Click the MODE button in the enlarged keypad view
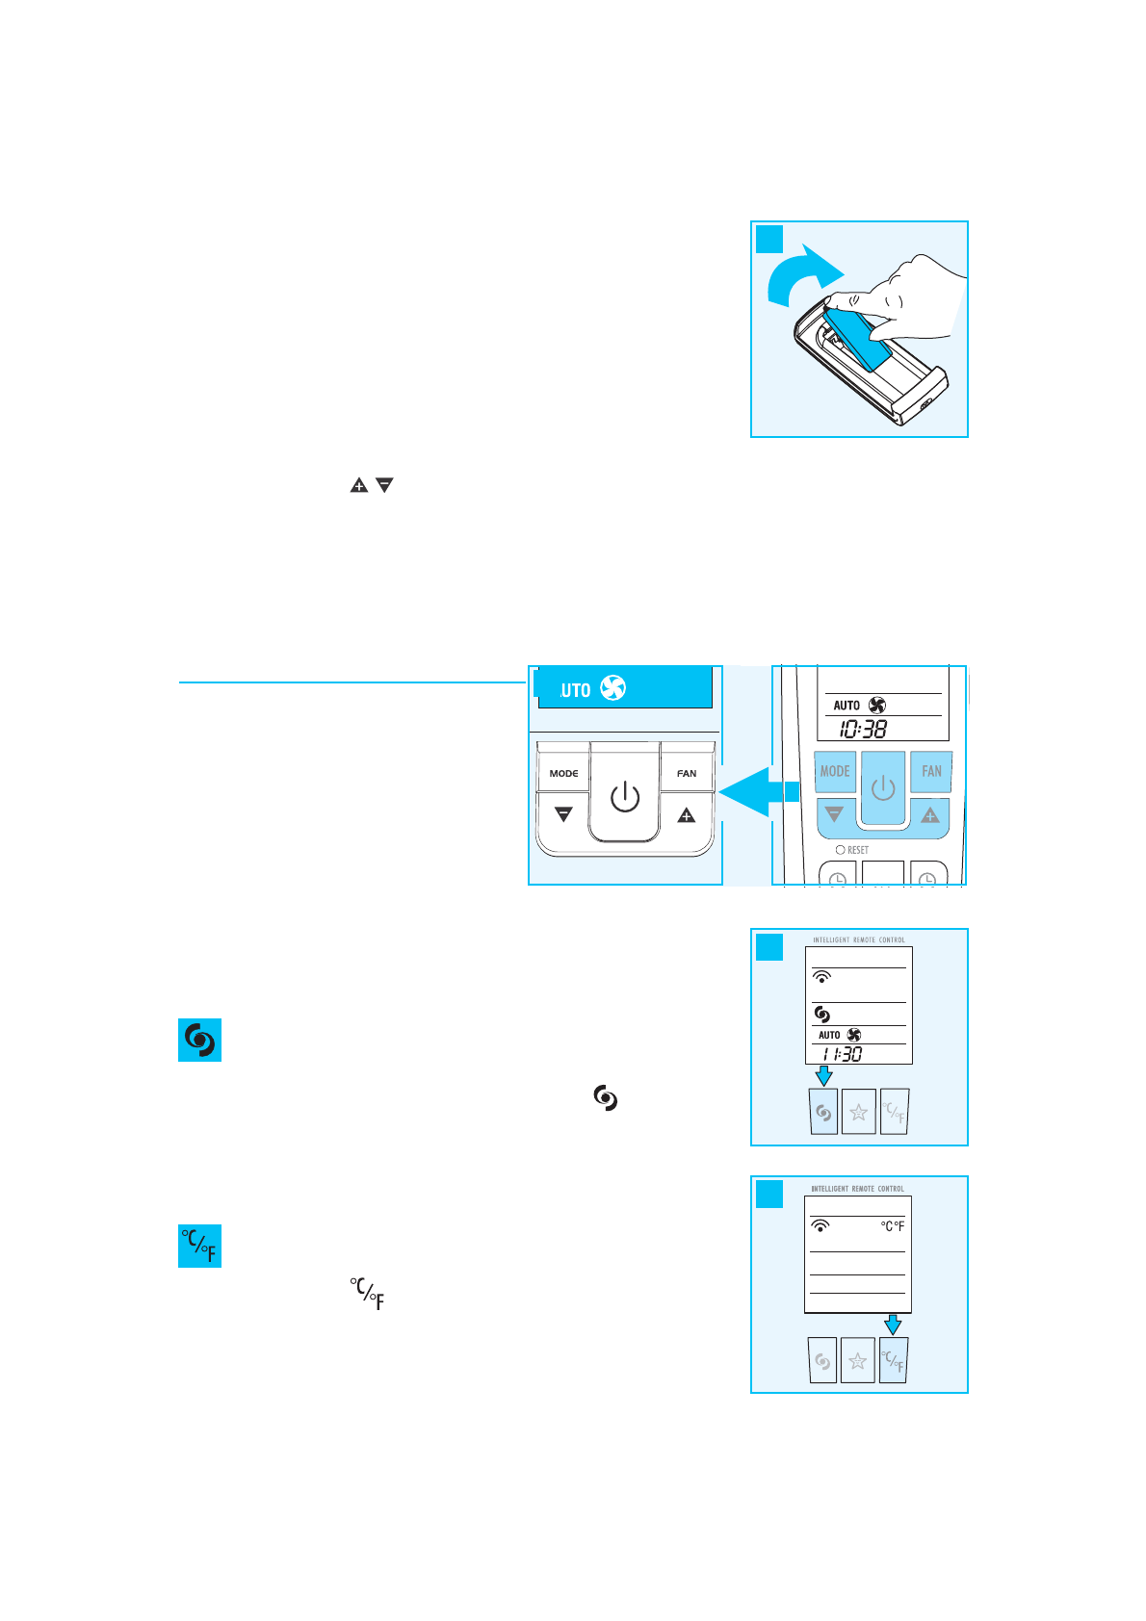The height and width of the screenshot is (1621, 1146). (563, 773)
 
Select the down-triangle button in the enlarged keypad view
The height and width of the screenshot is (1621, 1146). (563, 815)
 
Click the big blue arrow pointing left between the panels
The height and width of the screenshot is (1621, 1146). (757, 791)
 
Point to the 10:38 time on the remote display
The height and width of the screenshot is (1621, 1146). (863, 730)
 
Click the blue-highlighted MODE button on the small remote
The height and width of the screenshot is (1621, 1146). (835, 771)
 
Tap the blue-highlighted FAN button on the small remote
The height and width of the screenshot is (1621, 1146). (931, 771)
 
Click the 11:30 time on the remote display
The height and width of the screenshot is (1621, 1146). (842, 1054)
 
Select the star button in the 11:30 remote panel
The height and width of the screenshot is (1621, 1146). (858, 1113)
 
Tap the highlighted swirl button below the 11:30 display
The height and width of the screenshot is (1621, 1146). (823, 1113)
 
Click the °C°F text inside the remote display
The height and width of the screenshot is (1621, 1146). (893, 1226)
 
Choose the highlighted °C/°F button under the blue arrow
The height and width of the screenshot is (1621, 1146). (894, 1361)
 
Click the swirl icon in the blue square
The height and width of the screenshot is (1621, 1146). (200, 1041)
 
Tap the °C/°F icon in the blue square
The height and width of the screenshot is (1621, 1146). (200, 1247)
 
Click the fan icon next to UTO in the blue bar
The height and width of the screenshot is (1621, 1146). (612, 687)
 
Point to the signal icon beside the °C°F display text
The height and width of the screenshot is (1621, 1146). (820, 1225)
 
